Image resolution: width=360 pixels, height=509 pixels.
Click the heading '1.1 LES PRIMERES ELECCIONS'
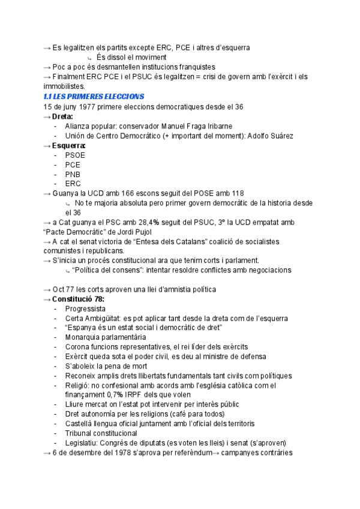94,97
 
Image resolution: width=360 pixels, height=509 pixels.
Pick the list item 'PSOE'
75,155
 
